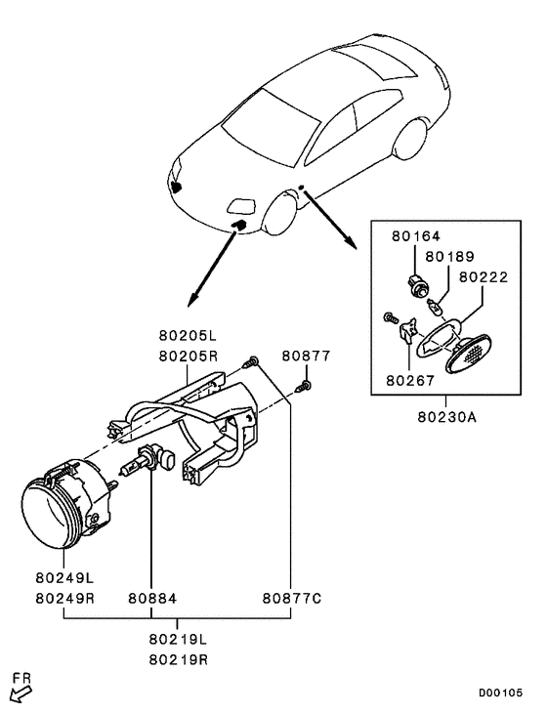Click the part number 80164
click(416, 235)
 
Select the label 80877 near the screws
click(307, 356)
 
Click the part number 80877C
click(291, 597)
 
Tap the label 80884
click(151, 597)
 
